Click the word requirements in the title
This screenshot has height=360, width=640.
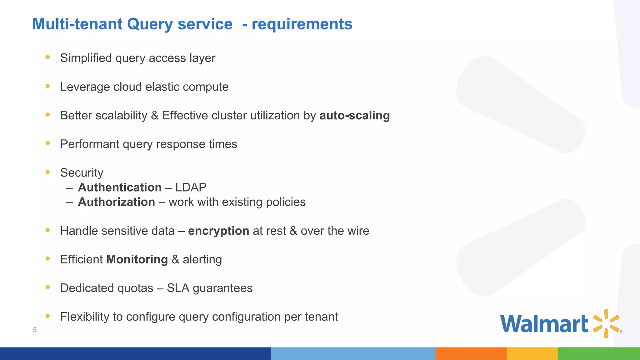(302, 24)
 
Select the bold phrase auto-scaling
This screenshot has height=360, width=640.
(354, 116)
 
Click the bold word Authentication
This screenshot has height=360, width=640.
(120, 187)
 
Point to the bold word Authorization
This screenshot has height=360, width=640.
(116, 202)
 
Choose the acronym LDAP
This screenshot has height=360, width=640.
(191, 187)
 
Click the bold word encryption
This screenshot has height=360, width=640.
(218, 231)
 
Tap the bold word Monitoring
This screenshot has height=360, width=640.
(137, 260)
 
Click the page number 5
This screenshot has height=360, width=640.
(35, 330)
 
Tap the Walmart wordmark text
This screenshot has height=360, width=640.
(544, 324)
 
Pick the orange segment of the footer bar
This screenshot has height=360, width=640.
(471, 353)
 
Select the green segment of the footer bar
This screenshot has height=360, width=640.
(598, 353)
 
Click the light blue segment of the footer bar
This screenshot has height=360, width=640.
(353, 353)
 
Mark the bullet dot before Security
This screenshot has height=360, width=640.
(47, 172)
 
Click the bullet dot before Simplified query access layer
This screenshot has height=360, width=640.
(47, 57)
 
